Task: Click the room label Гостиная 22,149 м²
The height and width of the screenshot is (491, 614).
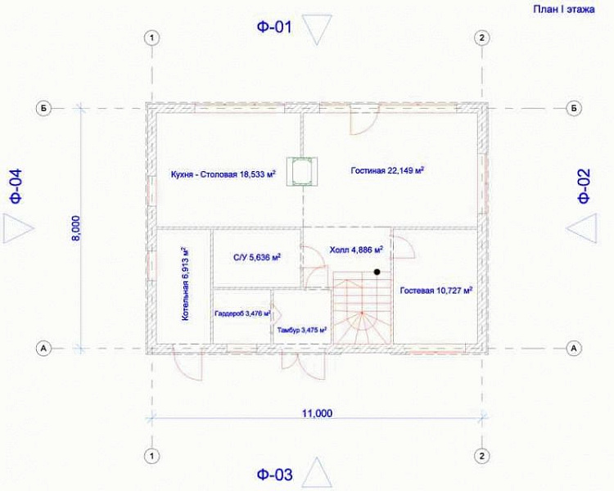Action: (388, 171)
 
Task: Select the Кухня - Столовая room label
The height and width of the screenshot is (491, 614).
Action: (223, 173)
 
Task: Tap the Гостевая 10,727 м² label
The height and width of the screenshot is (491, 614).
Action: (436, 291)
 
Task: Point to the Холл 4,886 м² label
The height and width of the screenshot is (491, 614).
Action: (356, 250)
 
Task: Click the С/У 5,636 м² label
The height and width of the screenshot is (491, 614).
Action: (257, 257)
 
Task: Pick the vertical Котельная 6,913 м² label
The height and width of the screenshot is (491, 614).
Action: (185, 284)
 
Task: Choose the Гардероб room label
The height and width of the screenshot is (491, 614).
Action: (243, 313)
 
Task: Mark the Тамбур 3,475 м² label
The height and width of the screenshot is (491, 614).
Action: (302, 330)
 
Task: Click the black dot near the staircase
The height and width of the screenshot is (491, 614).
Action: (377, 272)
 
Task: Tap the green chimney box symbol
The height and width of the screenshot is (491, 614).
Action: (301, 171)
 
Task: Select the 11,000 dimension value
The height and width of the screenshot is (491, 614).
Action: (317, 413)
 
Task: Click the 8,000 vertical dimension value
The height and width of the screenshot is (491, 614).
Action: (76, 228)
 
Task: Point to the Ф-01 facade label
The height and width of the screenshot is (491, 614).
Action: (274, 27)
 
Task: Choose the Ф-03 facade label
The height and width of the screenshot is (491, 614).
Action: (274, 475)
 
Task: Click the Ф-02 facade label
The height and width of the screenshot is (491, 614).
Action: (584, 186)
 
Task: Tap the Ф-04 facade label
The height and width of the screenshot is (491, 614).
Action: (16, 186)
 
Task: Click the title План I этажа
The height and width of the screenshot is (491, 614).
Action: (563, 9)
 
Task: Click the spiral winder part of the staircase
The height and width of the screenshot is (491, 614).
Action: (362, 327)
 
